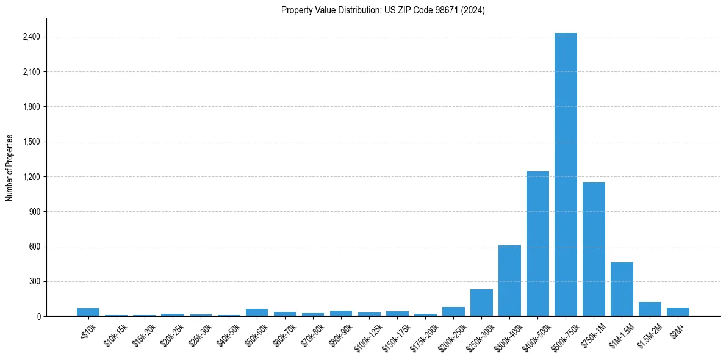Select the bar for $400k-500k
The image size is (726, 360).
coord(537,244)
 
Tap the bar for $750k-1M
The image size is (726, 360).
coord(594,249)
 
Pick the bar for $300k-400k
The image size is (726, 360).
coord(509,281)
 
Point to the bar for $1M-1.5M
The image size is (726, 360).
coord(622,289)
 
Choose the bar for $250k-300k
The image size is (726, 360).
coord(481,303)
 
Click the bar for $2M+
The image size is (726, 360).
coord(678,312)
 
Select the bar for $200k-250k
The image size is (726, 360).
coord(453,312)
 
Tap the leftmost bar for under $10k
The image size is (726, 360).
coord(88,312)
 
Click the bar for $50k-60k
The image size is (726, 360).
coord(257,312)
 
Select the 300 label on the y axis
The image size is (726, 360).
coord(34,282)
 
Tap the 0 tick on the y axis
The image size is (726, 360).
coord(38,317)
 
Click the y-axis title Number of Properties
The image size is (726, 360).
coord(10,168)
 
